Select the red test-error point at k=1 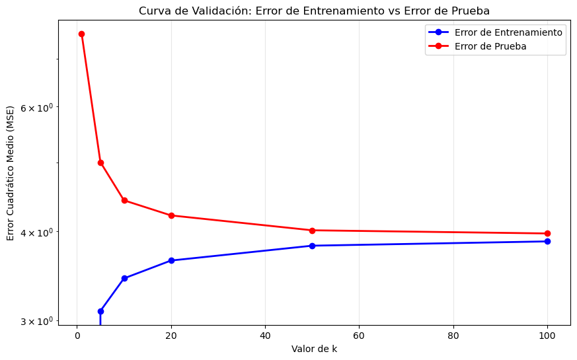81,34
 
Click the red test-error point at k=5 100,162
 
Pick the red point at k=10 124,201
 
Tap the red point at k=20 171,215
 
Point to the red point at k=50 312,231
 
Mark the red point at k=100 547,233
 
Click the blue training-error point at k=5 100,311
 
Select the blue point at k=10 124,278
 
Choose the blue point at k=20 171,260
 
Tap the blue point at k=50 312,246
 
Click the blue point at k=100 547,241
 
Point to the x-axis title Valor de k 314,349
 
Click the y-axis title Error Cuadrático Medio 11,173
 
